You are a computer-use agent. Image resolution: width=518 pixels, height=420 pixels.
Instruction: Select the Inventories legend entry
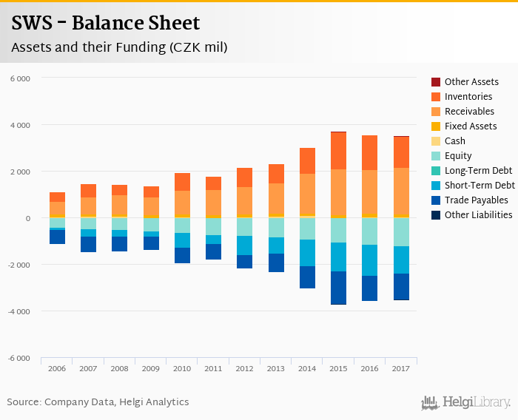[468, 97]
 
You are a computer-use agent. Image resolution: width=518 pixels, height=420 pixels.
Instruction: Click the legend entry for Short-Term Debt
[480, 186]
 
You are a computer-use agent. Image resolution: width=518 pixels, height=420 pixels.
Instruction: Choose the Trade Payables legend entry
[476, 200]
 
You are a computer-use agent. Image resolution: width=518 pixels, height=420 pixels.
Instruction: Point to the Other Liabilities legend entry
[478, 215]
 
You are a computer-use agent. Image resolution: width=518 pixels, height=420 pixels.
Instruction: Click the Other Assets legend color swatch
[436, 82]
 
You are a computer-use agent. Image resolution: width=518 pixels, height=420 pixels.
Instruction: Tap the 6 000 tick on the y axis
[20, 78]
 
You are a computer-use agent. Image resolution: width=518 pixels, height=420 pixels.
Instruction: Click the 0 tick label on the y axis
[27, 218]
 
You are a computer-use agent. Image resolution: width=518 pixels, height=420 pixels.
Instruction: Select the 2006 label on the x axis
[57, 368]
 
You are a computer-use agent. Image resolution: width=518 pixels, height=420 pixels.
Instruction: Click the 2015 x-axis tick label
[338, 368]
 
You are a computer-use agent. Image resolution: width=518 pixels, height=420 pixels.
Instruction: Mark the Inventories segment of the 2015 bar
[338, 151]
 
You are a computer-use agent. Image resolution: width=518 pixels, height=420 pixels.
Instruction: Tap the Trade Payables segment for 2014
[307, 277]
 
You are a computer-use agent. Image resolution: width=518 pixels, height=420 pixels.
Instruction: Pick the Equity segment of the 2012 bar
[244, 227]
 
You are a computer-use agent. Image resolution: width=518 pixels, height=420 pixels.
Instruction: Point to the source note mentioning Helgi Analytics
[98, 402]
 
